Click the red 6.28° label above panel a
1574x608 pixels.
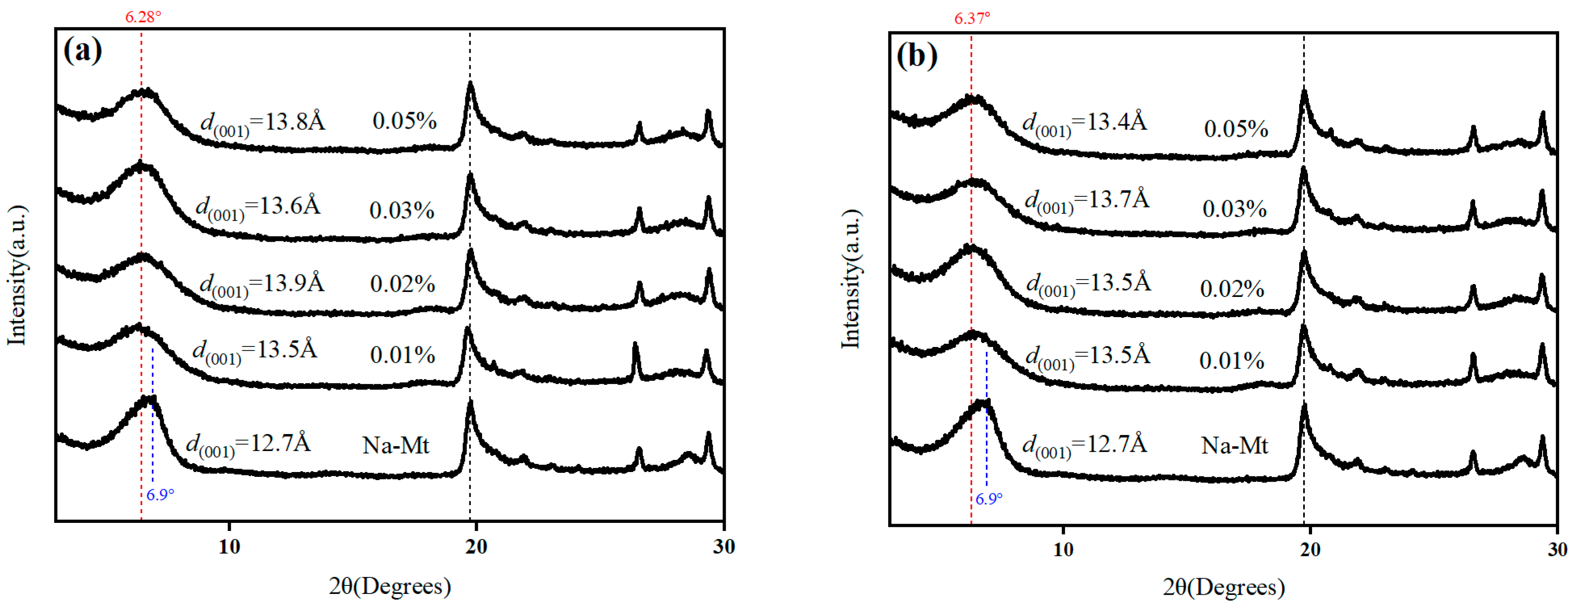(143, 17)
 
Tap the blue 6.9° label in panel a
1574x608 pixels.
(160, 494)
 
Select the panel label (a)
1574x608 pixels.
(82, 50)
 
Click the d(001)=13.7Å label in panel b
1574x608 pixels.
(1087, 201)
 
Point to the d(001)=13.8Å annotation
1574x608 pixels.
(263, 123)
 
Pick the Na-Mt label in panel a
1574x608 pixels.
(396, 445)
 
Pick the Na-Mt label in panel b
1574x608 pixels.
(1234, 445)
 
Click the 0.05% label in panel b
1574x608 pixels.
(1235, 129)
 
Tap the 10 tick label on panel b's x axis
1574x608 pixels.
(1063, 549)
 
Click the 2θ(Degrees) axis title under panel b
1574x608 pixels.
(1223, 587)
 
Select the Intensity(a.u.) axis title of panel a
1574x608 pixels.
(17, 275)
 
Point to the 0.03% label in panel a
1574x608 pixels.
(402, 211)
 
